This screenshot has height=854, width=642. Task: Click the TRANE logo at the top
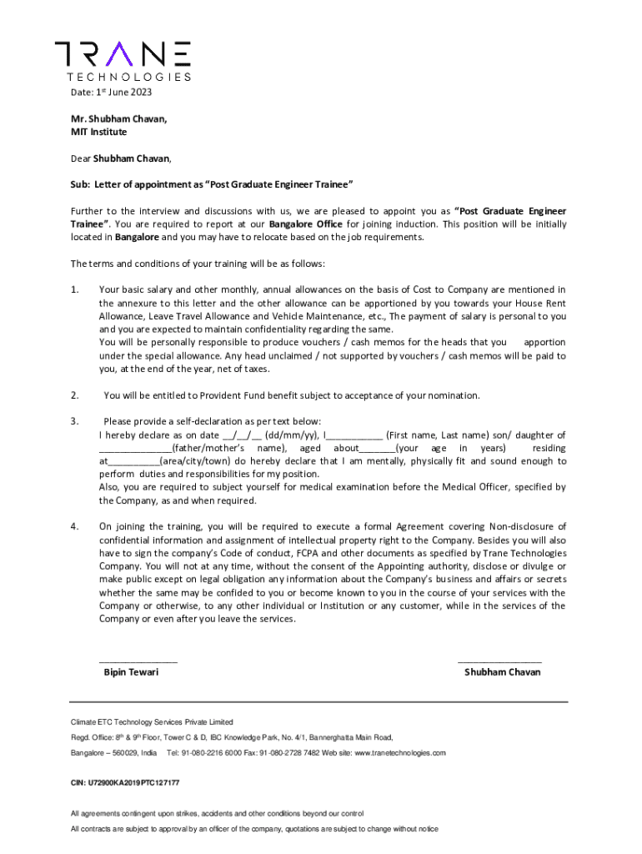(x=123, y=59)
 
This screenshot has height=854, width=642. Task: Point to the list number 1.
(x=75, y=289)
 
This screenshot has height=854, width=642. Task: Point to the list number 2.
(x=75, y=395)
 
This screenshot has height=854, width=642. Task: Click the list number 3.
(x=75, y=421)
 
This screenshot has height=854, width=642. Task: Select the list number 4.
(x=75, y=526)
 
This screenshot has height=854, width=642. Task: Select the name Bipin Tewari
(x=131, y=671)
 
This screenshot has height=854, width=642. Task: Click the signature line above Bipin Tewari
(x=138, y=660)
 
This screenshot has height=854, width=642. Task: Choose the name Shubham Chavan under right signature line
(x=502, y=671)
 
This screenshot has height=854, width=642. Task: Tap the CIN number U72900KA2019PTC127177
(x=125, y=783)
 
